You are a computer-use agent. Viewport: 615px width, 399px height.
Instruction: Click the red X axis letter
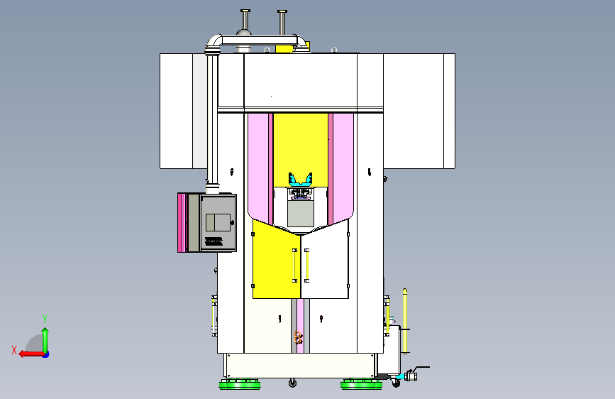coord(14,350)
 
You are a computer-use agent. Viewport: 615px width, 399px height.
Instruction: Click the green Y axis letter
coord(45,319)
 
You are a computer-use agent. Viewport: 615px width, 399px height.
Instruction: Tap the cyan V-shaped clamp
coord(301,180)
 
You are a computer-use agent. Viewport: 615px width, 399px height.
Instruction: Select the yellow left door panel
coord(277,260)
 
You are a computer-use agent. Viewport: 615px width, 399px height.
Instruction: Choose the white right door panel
coord(325,260)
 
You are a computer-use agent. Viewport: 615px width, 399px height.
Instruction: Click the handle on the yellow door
coord(294,266)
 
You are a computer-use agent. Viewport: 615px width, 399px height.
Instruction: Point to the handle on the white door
coord(306,266)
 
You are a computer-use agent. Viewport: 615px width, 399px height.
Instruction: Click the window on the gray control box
coord(218,222)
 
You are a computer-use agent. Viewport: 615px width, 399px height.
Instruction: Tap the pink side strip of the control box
coord(181,223)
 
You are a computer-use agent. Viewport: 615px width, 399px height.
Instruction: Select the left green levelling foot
coord(240,384)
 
